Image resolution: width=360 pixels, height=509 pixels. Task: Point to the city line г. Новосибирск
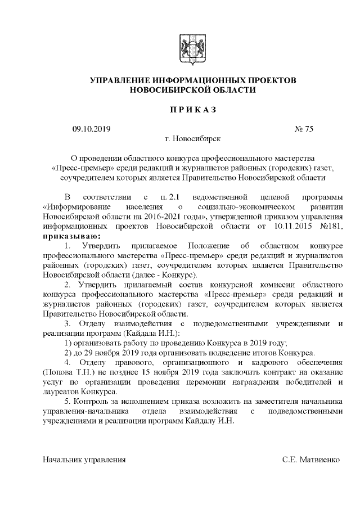193,138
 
